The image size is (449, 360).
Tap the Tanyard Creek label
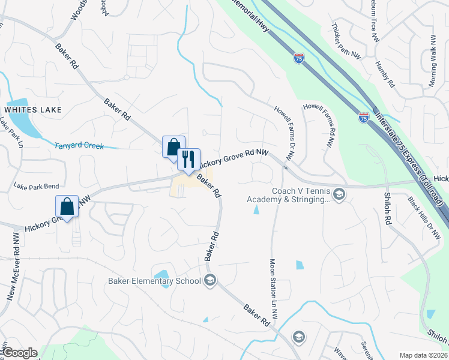(x=79, y=146)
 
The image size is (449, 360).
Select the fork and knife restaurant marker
(x=189, y=160)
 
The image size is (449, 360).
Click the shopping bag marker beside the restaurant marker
(x=173, y=147)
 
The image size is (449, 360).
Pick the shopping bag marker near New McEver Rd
(x=67, y=206)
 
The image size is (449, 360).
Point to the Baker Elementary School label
(x=154, y=281)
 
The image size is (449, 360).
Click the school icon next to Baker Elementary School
(x=209, y=280)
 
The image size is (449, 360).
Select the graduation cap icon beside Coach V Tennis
(x=339, y=194)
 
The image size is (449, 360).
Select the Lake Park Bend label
(x=36, y=187)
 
